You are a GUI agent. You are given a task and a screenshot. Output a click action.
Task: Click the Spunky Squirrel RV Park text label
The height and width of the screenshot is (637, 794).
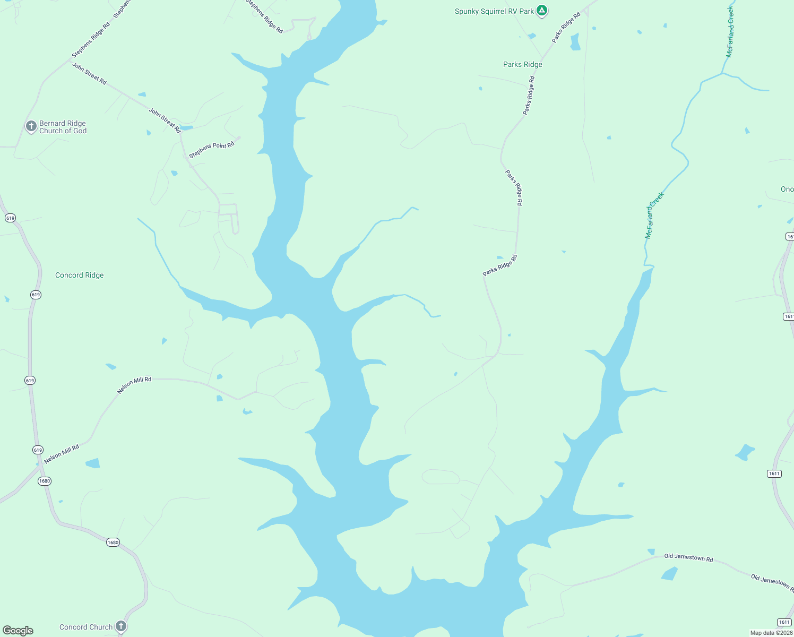[x=494, y=11]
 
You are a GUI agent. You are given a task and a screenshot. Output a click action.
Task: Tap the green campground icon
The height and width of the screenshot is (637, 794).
[x=541, y=10]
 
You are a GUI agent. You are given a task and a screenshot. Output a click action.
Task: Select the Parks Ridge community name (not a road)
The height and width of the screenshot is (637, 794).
[x=522, y=64]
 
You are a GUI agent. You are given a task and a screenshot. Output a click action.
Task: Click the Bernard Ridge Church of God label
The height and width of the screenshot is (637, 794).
[x=63, y=127]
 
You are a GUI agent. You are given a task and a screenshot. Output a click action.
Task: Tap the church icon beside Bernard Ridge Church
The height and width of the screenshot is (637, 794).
[x=31, y=126]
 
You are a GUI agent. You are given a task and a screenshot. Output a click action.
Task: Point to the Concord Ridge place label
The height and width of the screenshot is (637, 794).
[x=80, y=275]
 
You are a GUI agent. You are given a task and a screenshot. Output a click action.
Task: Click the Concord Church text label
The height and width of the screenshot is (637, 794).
[x=86, y=627]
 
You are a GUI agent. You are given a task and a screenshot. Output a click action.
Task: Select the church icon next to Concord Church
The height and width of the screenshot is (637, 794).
[x=121, y=626]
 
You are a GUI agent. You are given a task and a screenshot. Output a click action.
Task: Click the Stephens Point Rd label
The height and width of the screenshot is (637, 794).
[x=211, y=150]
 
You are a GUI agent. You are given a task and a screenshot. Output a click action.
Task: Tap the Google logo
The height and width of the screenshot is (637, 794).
[x=18, y=631]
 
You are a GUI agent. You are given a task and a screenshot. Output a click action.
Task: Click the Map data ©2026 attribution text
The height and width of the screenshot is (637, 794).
[x=771, y=633]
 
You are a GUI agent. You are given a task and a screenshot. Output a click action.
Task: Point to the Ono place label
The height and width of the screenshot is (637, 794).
[x=787, y=189]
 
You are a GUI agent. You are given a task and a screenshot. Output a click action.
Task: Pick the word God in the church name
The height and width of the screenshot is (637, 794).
[x=80, y=131]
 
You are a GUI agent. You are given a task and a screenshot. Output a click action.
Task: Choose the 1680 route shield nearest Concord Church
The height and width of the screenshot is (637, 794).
[x=113, y=543]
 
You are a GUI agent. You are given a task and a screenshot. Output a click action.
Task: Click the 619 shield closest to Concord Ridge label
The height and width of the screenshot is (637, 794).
[x=36, y=295]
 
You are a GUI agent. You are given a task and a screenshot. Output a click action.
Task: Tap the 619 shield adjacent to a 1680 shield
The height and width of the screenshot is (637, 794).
[x=38, y=450]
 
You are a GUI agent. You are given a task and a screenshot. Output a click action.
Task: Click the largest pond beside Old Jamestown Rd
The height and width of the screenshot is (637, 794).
[x=669, y=574]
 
